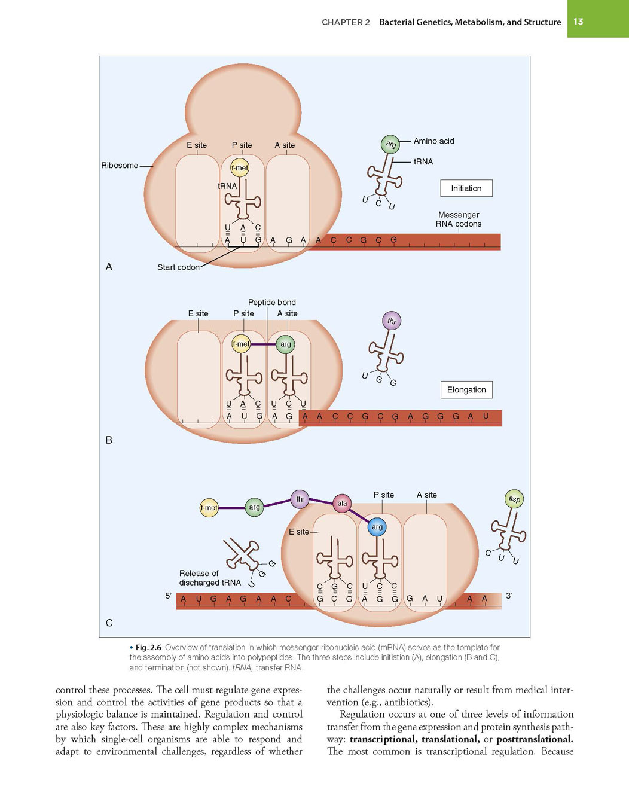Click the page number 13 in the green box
[x=578, y=22]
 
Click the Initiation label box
[x=466, y=188]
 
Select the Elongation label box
[x=466, y=390]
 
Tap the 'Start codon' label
[x=178, y=267]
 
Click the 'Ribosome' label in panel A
[x=120, y=166]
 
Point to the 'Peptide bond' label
[x=271, y=302]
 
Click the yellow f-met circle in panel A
[x=240, y=168]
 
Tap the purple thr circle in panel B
[x=392, y=321]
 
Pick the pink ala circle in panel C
[x=342, y=504]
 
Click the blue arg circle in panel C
[x=377, y=527]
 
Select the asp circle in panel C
[x=514, y=499]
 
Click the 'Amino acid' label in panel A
[x=433, y=141]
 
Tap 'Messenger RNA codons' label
[x=459, y=219]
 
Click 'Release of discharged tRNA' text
[x=210, y=578]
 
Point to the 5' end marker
[x=169, y=596]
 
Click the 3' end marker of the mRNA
[x=509, y=596]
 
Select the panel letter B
[x=109, y=440]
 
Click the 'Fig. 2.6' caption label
[x=148, y=648]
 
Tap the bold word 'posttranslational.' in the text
[x=535, y=739]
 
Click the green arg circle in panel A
[x=390, y=144]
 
